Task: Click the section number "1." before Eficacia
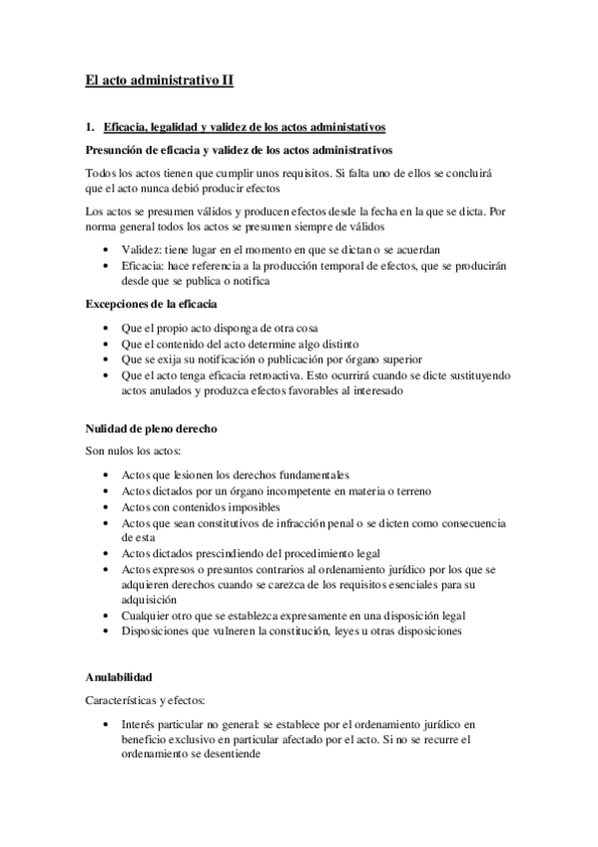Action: [90, 128]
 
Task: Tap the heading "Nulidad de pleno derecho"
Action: [150, 428]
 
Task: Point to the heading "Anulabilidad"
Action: [119, 677]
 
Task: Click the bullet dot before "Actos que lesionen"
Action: [106, 474]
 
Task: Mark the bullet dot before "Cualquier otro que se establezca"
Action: [106, 616]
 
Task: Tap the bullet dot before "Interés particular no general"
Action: [106, 724]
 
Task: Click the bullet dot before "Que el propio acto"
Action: [106, 328]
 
